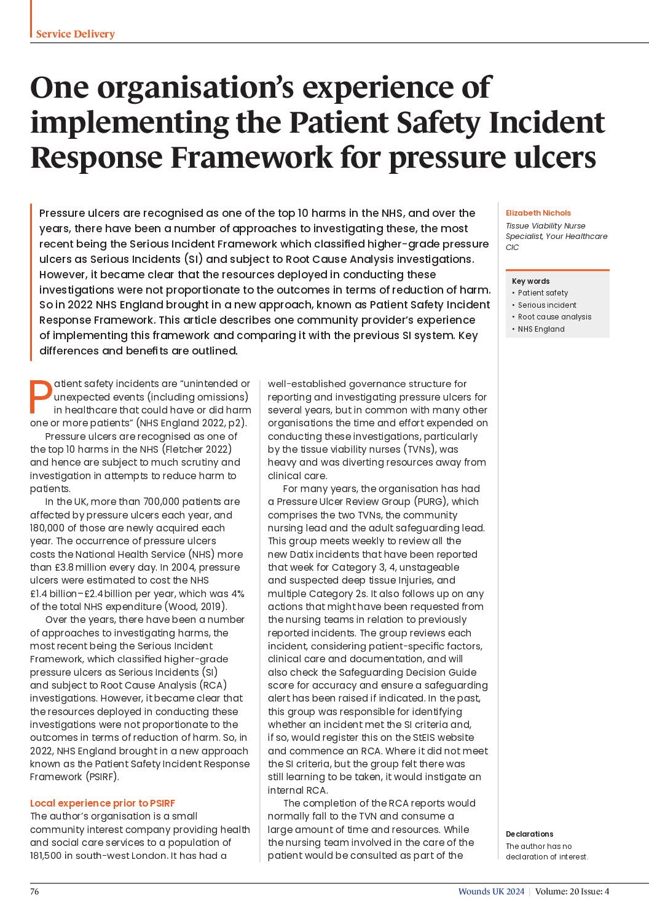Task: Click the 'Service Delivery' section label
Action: pos(75,34)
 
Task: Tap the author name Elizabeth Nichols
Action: pos(538,213)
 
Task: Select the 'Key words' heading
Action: pos(530,281)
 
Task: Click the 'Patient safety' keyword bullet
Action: pos(543,293)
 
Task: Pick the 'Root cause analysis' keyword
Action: pos(554,317)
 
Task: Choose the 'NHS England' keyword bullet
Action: pos(541,329)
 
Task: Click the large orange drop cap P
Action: pos(41,397)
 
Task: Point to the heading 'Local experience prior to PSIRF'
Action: pos(103,803)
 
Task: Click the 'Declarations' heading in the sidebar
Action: pos(529,834)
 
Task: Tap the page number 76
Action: pos(34,891)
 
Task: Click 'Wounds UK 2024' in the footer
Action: pos(491,891)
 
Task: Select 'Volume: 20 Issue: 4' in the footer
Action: pos(572,891)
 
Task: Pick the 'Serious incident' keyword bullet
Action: pos(547,305)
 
